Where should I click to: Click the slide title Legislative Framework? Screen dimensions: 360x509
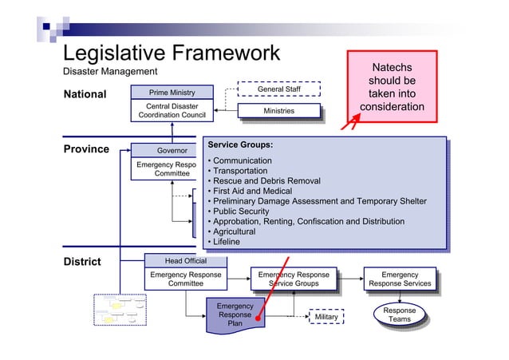172,53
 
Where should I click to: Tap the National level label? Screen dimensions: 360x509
85,95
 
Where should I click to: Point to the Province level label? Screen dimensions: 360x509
85,149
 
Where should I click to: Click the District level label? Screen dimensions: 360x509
82,261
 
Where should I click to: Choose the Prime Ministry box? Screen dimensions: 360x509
172,93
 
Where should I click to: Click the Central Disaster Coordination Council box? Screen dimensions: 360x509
172,111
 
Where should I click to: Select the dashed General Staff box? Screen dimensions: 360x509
278,89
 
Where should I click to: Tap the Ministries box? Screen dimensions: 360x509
278,111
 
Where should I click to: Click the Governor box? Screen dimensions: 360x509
172,150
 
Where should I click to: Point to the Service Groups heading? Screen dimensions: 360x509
240,145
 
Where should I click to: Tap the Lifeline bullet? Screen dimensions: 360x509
226,242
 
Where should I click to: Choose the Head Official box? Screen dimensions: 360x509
185,261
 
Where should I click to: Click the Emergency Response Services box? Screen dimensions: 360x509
400,279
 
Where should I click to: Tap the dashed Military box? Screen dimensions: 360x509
326,317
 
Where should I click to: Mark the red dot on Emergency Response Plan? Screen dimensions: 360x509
258,318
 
